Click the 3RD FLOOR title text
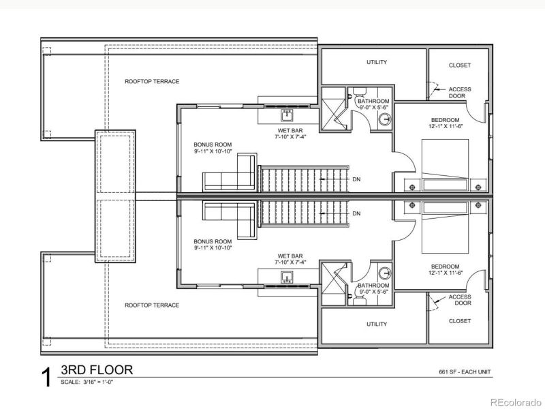click(x=96, y=370)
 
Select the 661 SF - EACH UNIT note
click(x=466, y=372)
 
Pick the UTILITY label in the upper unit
click(x=377, y=62)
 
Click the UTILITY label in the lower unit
click(x=377, y=324)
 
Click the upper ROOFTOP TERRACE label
click(x=152, y=81)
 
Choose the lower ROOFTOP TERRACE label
click(x=152, y=305)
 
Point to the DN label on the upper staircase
click(x=357, y=180)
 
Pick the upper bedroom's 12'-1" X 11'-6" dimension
click(x=446, y=125)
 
